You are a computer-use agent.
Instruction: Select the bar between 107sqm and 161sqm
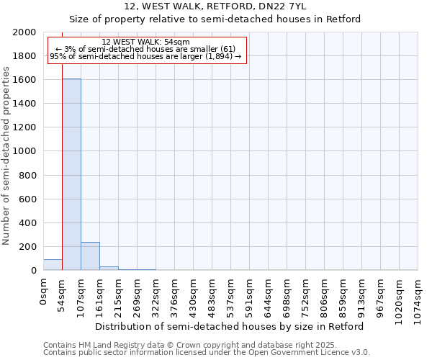pos(90,256)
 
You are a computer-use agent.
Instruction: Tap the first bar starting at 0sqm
pos(53,265)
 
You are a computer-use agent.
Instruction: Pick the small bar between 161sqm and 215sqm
pos(109,269)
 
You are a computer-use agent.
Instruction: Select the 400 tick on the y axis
pos(28,223)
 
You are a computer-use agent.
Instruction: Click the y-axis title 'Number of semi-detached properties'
pos(6,156)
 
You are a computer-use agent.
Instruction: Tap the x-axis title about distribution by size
pos(230,326)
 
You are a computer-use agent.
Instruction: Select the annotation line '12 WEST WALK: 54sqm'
pos(146,42)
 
